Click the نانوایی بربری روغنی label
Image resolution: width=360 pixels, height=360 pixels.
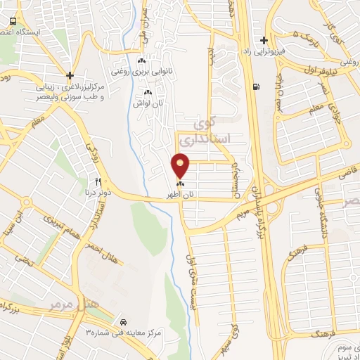click(142, 70)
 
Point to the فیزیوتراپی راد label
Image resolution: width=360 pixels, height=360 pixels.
click(264, 51)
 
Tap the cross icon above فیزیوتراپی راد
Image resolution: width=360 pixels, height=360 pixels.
click(264, 40)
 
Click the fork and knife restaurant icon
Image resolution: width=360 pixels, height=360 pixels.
click(98, 181)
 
